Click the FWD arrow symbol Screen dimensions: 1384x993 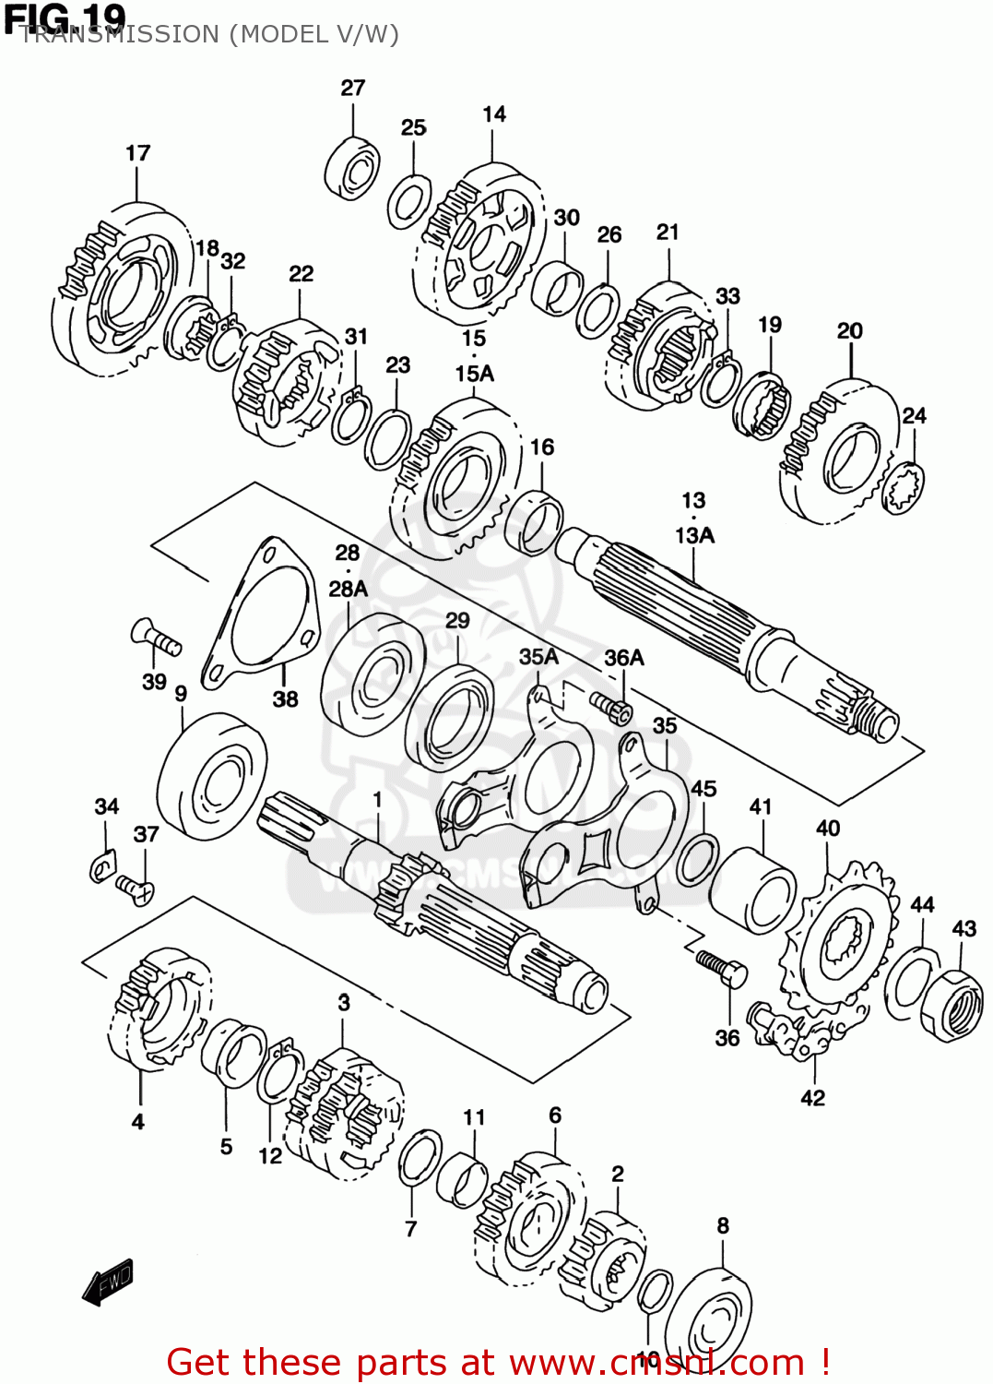point(108,1282)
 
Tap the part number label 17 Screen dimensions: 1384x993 point(138,153)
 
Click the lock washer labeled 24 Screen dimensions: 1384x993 point(904,486)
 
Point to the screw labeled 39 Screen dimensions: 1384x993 point(156,638)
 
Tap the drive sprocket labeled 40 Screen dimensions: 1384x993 point(839,941)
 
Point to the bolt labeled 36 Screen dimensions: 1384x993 point(721,970)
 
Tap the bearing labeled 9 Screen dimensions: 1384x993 point(212,776)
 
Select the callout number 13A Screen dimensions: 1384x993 point(694,535)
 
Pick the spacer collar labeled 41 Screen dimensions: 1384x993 point(752,890)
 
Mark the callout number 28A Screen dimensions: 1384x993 point(348,589)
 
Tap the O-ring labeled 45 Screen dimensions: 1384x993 point(697,859)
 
